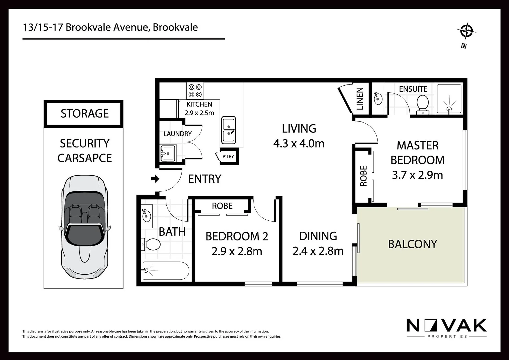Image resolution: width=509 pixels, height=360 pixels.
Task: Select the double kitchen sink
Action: click(x=229, y=130)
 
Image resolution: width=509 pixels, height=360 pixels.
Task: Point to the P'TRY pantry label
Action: click(x=228, y=156)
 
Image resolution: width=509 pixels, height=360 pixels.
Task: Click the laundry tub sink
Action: click(x=168, y=153)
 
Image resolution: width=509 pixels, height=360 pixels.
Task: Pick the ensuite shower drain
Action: click(x=449, y=109)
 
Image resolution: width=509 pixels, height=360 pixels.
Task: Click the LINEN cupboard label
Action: click(x=360, y=99)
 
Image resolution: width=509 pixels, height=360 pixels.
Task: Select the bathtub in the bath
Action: click(x=166, y=271)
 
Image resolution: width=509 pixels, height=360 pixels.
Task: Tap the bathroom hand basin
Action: click(x=146, y=216)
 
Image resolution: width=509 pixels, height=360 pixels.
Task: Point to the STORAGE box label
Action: click(x=84, y=114)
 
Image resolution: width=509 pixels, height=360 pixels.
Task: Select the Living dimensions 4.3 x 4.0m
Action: click(x=299, y=144)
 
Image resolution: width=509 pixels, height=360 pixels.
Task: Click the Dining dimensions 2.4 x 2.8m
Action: click(x=318, y=251)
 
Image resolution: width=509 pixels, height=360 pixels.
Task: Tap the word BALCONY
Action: click(x=412, y=244)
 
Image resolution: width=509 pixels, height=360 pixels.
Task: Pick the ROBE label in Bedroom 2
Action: click(x=222, y=206)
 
